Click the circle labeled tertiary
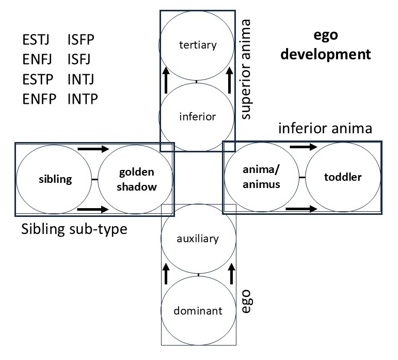point(197,45)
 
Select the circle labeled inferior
point(197,116)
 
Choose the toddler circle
point(343,177)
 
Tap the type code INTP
point(82,98)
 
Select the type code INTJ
point(81,79)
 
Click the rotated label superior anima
point(246,69)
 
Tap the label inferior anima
point(325,128)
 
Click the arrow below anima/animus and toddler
point(301,209)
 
